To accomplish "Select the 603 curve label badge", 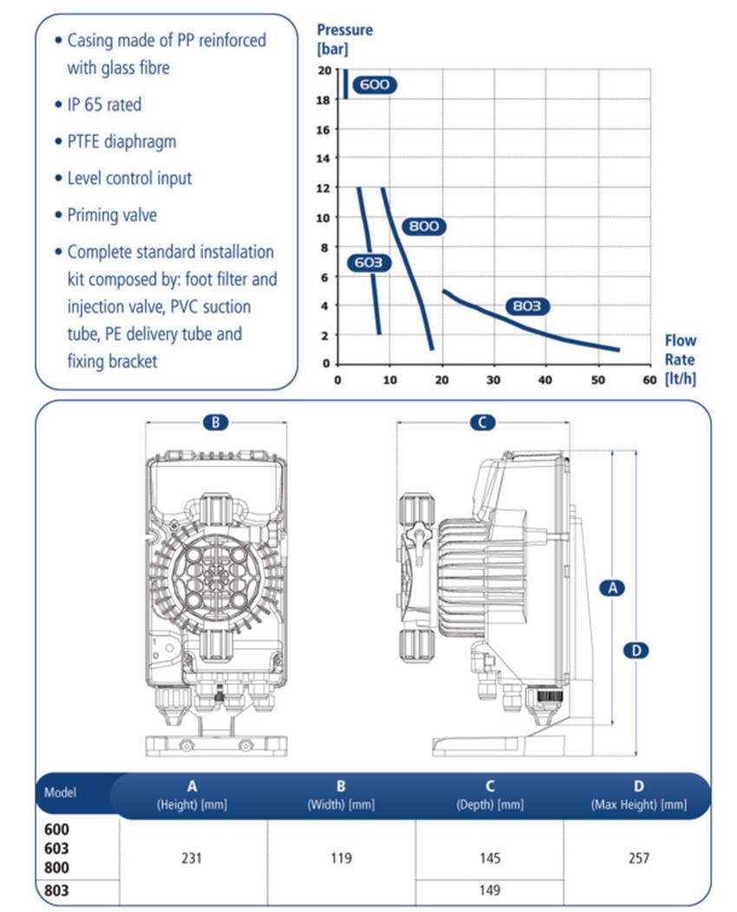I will [368, 262].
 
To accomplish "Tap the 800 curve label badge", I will [424, 226].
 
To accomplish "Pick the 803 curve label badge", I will [526, 306].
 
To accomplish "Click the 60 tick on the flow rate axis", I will [648, 379].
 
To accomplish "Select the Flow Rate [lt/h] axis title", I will [680, 358].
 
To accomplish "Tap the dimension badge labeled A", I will [612, 587].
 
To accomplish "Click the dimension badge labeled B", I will [216, 423].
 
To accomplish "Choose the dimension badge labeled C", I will [482, 423].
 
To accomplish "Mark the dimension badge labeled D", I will [636, 650].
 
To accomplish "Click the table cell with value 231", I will [192, 857].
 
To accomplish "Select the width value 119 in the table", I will [341, 857].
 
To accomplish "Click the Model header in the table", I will [61, 792].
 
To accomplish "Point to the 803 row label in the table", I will [56, 889].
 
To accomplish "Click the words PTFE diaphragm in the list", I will [121, 141].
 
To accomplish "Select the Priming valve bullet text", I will [112, 215].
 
